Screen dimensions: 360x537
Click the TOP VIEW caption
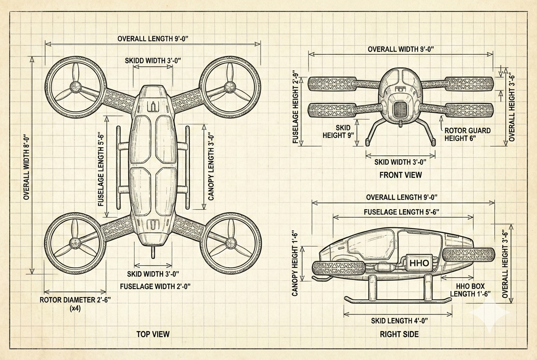pos(153,334)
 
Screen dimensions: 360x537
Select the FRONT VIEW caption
pos(401,174)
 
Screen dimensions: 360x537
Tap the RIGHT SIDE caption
pos(399,334)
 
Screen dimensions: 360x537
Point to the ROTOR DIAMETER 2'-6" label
pos(75,300)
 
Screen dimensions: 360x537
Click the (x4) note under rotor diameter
pos(75,309)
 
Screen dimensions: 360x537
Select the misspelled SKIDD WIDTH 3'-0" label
pos(153,60)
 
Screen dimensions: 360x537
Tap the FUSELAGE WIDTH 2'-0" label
pos(155,286)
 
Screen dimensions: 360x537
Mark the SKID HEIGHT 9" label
pos(343,132)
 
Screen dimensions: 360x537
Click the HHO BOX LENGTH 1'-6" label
pos(470,290)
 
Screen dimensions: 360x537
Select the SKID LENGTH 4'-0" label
pos(399,321)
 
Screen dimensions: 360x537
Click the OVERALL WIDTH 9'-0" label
pos(401,49)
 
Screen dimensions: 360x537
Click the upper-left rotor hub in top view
pos(76,88)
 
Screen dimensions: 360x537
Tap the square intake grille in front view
pos(400,110)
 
